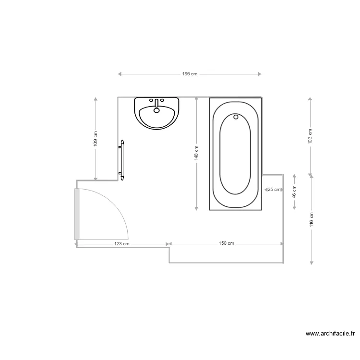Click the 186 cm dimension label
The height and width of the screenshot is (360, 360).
click(x=190, y=74)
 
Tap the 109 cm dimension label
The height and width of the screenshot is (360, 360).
click(x=96, y=139)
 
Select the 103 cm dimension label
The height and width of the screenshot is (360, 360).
click(x=310, y=136)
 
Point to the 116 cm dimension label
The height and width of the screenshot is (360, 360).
click(x=311, y=219)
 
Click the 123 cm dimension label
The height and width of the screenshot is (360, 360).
click(x=122, y=244)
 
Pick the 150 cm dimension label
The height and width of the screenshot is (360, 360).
click(x=226, y=244)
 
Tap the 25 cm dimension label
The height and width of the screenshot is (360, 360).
click(x=275, y=190)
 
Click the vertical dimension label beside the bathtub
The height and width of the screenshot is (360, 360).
click(x=196, y=154)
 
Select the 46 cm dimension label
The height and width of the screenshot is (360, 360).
click(x=294, y=192)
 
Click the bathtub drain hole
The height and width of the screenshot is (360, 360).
click(x=236, y=116)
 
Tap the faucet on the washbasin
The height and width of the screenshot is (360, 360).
click(x=156, y=103)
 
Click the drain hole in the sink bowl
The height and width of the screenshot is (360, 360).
click(x=156, y=110)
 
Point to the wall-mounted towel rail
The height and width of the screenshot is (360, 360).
click(x=122, y=160)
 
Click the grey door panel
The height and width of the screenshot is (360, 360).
click(x=76, y=214)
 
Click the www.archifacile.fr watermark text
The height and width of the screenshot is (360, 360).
click(x=330, y=333)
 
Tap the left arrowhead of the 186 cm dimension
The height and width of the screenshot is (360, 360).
click(x=120, y=74)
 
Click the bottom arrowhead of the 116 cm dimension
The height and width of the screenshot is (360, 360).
click(x=312, y=262)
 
